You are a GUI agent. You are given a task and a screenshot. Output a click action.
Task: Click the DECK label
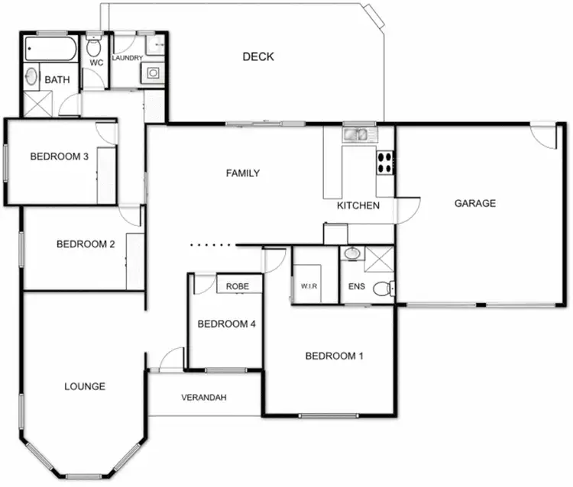pos(257,56)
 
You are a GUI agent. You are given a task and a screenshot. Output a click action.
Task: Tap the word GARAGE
pos(474,203)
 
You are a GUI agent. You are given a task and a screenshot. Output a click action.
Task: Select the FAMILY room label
pos(242,173)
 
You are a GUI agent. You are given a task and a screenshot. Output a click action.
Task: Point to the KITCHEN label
pos(358,206)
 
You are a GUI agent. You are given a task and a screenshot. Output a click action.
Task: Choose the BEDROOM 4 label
pos(226,324)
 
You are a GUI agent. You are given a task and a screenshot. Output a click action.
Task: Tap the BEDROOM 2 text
pos(86,244)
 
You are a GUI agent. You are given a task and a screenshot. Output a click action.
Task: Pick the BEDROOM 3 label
pos(59,156)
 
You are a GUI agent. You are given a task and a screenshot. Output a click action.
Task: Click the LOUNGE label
pos(85,386)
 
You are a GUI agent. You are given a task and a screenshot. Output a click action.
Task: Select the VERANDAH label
pos(204,398)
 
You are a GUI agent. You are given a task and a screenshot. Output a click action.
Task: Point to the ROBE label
pos(238,286)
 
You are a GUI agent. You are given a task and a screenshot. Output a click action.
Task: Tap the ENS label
pos(356,286)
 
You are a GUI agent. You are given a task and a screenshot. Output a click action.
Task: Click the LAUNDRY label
pos(127,58)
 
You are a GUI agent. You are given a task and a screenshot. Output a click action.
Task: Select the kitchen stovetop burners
pos(385,161)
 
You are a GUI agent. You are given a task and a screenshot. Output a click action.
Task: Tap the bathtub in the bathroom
pos(50,51)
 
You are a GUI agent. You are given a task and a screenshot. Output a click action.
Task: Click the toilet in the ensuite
pos(390,287)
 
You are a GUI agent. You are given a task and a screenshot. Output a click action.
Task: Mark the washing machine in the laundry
pos(153,73)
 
